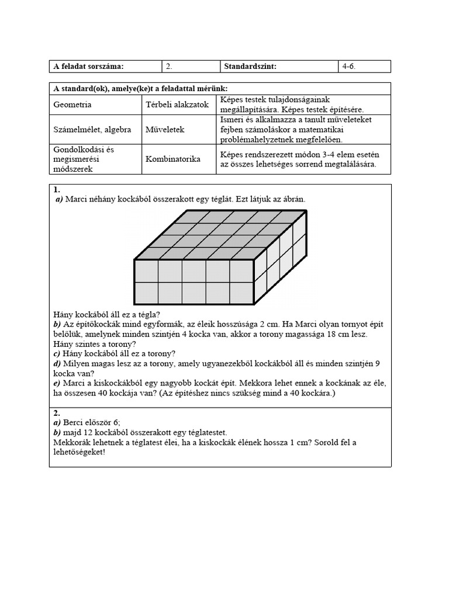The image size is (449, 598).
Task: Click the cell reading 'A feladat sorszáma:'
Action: [88, 67]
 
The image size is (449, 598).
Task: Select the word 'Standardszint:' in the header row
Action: [250, 67]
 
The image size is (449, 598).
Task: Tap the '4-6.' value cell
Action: [349, 67]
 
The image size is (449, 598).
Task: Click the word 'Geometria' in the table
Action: [72, 105]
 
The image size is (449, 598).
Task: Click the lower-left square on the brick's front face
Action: [146, 294]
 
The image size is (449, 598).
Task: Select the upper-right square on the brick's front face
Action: [241, 271]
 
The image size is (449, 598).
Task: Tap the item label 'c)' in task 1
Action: [57, 353]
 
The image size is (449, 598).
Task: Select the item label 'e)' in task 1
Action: [57, 383]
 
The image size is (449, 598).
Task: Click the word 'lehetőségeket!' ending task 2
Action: [79, 453]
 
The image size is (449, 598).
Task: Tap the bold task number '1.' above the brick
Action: [57, 190]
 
